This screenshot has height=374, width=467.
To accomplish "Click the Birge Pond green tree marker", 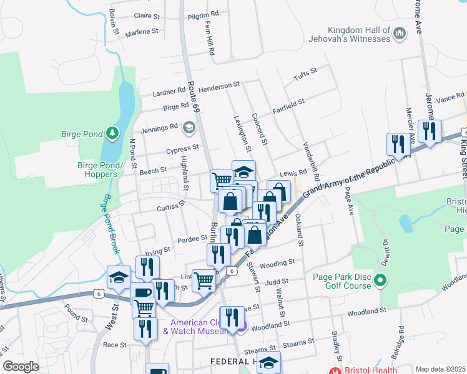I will click(x=112, y=133).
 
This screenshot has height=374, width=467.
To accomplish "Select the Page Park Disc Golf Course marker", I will click(x=381, y=284).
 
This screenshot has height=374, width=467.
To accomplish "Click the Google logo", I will click(x=21, y=367).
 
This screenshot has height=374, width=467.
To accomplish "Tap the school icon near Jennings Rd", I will click(x=189, y=128).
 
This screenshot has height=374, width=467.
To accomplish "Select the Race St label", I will click(x=114, y=344).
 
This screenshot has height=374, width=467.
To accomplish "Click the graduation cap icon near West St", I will click(x=118, y=279).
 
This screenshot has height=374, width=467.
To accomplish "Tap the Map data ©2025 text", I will click(x=440, y=369).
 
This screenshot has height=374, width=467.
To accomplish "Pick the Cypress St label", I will click(x=182, y=150).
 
